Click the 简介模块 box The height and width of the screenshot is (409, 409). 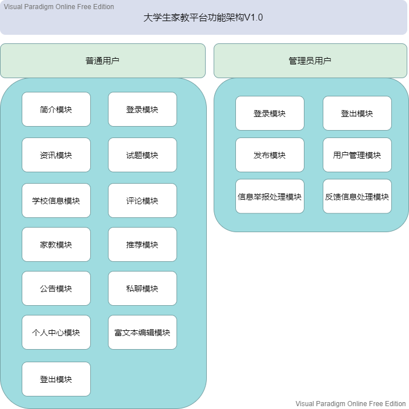[56, 110]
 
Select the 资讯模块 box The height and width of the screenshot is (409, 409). [56, 155]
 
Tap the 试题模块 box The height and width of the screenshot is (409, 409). [142, 155]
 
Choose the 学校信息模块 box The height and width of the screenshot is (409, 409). [56, 201]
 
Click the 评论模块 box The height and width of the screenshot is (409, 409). [142, 201]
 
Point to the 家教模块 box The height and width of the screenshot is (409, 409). [56, 245]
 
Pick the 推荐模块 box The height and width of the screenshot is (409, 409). [142, 245]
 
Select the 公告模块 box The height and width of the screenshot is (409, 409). [56, 289]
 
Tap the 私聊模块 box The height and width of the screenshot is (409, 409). [142, 289]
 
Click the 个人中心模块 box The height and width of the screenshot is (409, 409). [56, 333]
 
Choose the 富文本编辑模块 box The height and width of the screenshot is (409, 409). [142, 333]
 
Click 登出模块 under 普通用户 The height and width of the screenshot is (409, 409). [56, 379]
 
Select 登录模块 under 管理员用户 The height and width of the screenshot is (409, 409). [270, 114]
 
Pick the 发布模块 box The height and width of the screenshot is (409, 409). [270, 155]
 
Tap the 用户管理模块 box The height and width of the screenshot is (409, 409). [357, 155]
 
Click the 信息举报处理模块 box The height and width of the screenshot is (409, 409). [270, 197]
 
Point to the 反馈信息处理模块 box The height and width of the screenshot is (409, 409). [357, 197]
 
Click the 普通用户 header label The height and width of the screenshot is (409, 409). [103, 60]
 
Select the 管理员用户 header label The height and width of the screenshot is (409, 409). [310, 60]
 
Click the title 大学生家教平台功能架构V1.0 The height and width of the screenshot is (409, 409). [203, 18]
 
